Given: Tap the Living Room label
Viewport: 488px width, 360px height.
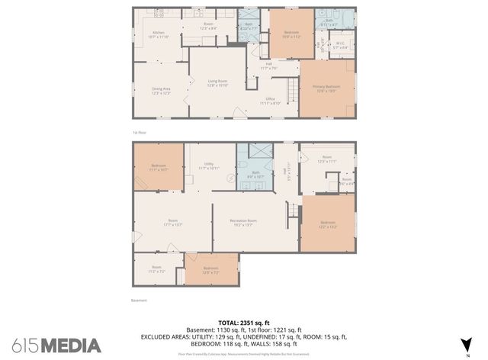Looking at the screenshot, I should click(218, 83).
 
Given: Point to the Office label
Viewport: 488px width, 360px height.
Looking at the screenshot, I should click(270, 101).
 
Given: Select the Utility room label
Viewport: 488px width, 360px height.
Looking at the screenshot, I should click(209, 166).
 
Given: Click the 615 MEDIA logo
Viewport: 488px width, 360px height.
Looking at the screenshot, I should click(56, 345).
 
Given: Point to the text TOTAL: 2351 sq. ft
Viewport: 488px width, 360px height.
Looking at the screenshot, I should click(243, 323).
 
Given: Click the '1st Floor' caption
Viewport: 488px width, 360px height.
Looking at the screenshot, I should click(140, 131).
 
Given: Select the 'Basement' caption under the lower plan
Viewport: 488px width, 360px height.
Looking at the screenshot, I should click(139, 301).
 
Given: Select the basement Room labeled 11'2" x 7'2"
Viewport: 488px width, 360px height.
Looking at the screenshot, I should click(156, 268).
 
